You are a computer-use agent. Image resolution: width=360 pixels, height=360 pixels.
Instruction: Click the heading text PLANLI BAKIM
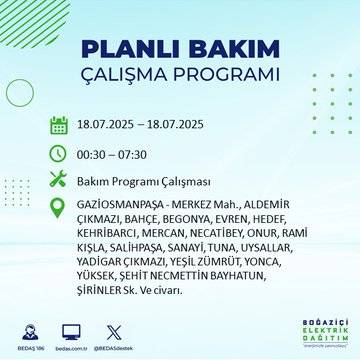click(180, 50)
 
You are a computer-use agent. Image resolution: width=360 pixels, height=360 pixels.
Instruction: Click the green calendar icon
click(58, 125)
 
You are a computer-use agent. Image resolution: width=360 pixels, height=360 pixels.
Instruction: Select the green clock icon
click(58, 153)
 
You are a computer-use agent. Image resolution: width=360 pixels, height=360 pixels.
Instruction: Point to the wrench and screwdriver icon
click(58, 180)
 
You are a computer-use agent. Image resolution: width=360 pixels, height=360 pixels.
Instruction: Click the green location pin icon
click(58, 208)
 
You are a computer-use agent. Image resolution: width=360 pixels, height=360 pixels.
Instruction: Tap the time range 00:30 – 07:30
click(112, 153)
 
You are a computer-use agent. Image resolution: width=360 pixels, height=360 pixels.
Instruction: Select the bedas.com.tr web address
click(98, 348)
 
